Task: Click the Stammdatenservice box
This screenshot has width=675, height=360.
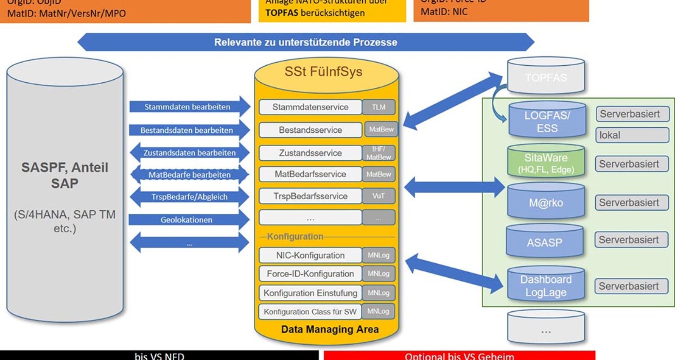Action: tap(310, 107)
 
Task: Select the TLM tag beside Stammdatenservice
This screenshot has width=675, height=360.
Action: tap(378, 107)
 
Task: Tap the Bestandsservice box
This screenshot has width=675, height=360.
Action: tap(310, 130)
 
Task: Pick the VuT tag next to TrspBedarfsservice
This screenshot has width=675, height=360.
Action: tap(378, 196)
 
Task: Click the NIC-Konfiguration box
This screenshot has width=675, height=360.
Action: tap(310, 255)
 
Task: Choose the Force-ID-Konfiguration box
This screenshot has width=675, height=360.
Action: tap(310, 274)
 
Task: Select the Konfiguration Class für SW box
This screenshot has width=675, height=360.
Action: tap(310, 311)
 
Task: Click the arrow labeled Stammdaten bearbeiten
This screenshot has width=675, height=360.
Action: tap(188, 107)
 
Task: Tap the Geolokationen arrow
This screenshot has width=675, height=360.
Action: tap(188, 220)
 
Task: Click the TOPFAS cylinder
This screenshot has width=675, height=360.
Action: tap(545, 77)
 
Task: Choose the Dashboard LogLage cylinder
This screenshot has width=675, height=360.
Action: tap(545, 286)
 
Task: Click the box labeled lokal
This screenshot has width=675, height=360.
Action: tap(632, 135)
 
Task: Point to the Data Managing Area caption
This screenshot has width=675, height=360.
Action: tap(330, 329)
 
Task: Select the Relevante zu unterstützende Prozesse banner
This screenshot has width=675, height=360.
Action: tap(306, 43)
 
